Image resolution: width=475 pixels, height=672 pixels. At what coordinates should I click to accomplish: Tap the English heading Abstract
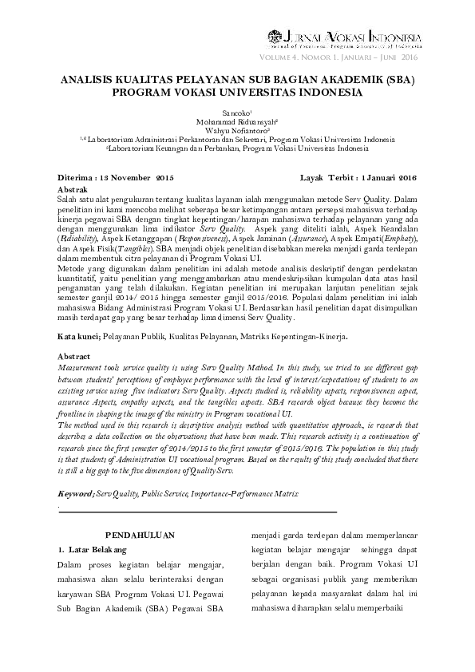(x=75, y=355)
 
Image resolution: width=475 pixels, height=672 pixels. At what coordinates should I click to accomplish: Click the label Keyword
(x=77, y=494)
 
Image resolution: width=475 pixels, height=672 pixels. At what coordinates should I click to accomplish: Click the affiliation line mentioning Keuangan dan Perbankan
(x=237, y=147)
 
